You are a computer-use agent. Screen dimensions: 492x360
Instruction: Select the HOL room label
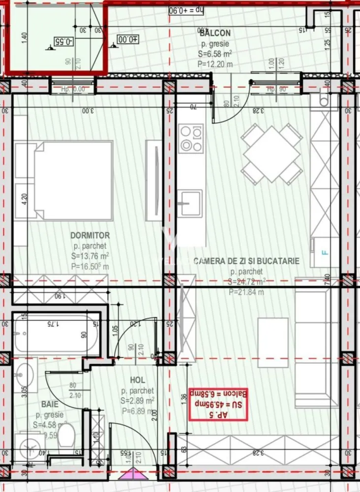[137, 380]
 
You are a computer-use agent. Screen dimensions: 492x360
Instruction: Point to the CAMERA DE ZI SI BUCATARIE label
[246, 261]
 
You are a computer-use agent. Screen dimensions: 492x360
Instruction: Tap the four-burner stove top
[191, 138]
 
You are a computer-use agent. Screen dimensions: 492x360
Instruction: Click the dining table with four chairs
[271, 154]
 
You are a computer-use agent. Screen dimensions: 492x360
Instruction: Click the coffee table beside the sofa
[272, 342]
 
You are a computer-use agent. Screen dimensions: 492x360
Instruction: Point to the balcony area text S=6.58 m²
[215, 54]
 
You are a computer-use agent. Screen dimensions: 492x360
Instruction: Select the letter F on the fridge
[324, 253]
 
